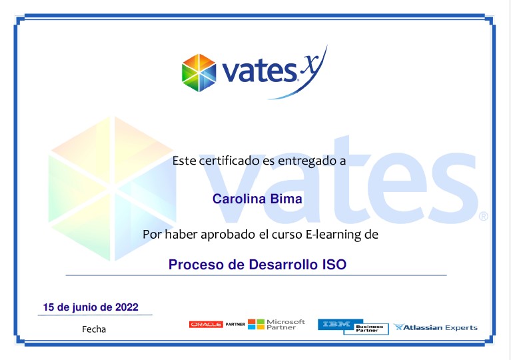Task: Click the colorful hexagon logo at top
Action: pos(199,73)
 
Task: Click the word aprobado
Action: pos(228,235)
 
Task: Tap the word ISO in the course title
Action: pos(334,265)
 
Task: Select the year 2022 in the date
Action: pos(127,307)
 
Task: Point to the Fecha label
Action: pos(94,329)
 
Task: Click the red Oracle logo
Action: pos(206,325)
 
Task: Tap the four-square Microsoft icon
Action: pos(256,324)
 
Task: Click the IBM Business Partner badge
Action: pos(353,327)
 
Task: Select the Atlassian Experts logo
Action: pos(436,327)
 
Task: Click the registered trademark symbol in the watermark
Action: pos(483,216)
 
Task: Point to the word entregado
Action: pos(306,161)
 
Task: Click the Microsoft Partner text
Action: pos(286,325)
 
